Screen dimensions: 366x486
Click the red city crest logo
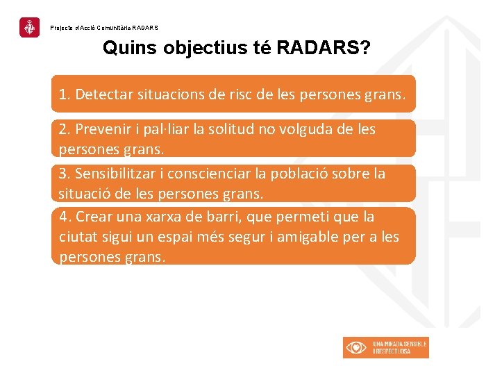(x=29, y=28)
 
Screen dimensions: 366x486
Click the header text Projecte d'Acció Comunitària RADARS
(x=104, y=28)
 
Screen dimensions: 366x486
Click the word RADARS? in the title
(x=324, y=49)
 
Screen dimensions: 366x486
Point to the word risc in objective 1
(x=238, y=94)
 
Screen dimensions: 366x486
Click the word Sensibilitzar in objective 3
(x=112, y=174)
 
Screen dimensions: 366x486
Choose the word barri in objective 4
(x=220, y=217)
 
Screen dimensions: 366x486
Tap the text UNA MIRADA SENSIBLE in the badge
(x=400, y=344)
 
